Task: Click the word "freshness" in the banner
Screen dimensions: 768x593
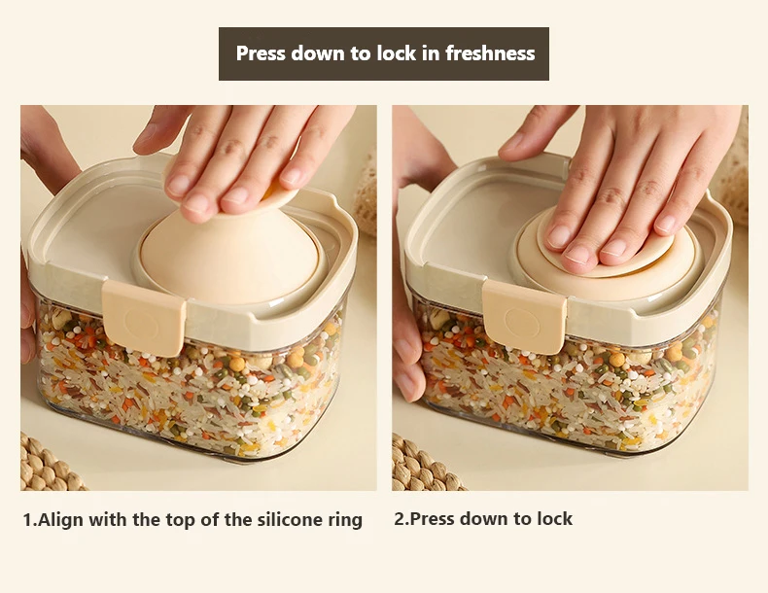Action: tap(490, 52)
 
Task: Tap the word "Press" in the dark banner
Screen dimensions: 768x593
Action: tap(262, 52)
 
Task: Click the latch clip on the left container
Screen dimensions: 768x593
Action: tap(144, 317)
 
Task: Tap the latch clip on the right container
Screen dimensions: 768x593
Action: tap(525, 316)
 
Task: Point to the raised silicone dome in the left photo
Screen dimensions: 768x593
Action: tap(229, 255)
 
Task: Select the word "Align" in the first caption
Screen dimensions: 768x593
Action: tap(61, 520)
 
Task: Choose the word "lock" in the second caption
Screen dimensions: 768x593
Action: tap(554, 518)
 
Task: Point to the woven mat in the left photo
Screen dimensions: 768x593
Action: tap(47, 465)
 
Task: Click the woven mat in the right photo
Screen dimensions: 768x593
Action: tap(424, 465)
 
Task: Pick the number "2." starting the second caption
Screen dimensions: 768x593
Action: tap(401, 519)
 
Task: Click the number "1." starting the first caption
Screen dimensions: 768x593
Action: tap(29, 520)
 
